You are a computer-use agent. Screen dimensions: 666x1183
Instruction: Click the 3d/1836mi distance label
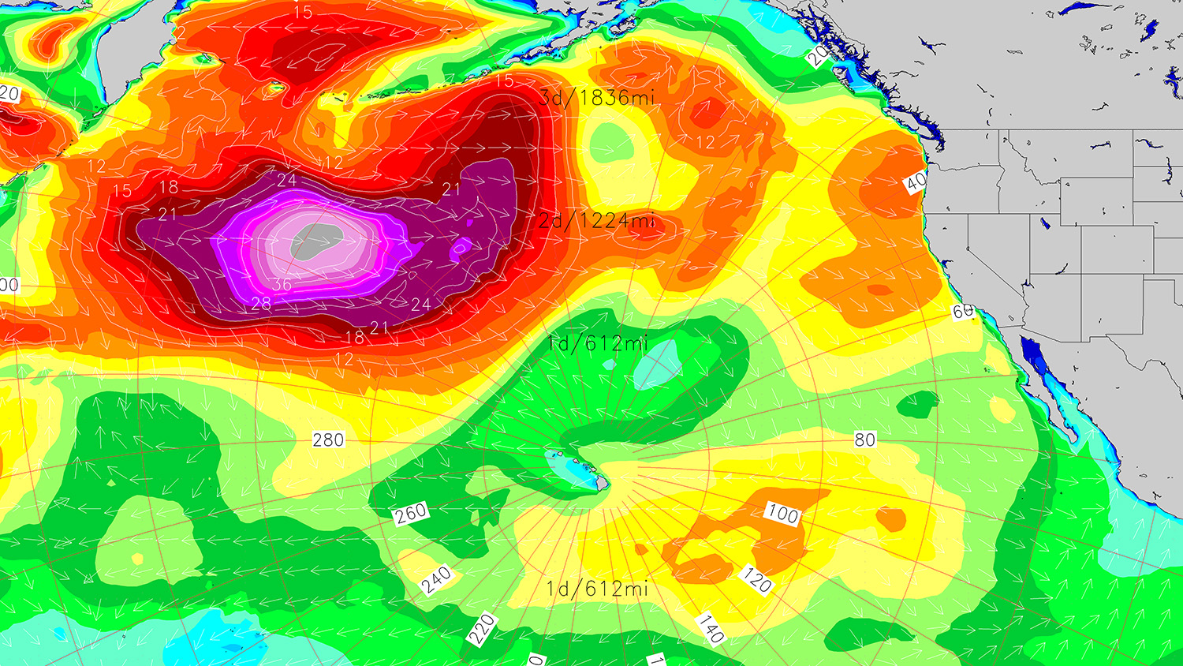(597, 98)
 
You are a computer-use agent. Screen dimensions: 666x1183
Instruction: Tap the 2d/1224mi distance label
(597, 220)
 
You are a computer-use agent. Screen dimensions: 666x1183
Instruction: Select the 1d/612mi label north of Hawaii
(597, 343)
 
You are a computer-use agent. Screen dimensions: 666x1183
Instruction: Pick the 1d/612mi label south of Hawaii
(597, 589)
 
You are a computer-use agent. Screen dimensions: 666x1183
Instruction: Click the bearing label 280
(328, 440)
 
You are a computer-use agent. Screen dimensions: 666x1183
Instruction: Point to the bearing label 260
(411, 514)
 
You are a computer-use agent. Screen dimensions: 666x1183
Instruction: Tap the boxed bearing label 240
(436, 580)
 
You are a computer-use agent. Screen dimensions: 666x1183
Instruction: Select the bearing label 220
(481, 629)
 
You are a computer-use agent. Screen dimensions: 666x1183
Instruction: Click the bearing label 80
(865, 440)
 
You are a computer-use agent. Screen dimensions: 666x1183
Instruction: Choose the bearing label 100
(783, 514)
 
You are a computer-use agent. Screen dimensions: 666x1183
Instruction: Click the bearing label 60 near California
(963, 312)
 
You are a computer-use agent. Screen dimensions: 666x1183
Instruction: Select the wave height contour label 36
(282, 285)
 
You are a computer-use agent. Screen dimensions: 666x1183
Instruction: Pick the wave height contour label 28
(261, 304)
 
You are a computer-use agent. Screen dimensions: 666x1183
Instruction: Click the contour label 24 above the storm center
(287, 181)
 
